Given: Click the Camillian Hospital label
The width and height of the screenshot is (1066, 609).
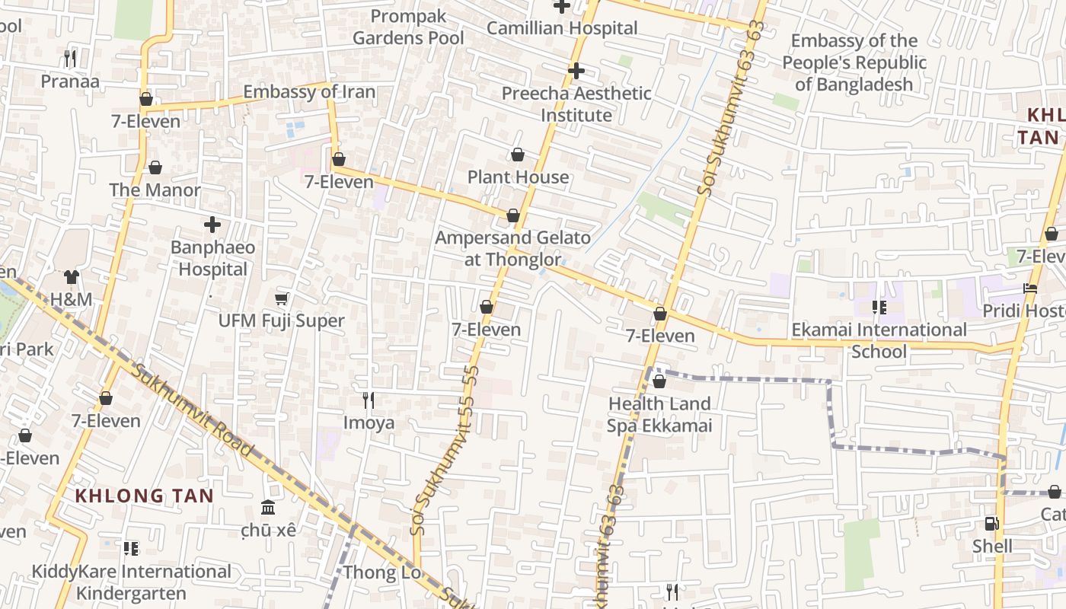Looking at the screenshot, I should click(562, 28).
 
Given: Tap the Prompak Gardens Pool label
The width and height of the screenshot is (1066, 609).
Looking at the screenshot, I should click(408, 27).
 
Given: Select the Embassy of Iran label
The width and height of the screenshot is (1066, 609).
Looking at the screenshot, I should click(309, 92).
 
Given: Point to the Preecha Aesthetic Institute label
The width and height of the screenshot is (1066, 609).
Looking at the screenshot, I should click(576, 104).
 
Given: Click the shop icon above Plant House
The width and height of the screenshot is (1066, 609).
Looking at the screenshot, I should click(518, 155).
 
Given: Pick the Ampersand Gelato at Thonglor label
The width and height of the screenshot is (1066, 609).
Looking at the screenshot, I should click(512, 248).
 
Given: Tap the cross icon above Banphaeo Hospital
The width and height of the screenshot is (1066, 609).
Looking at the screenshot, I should click(212, 225).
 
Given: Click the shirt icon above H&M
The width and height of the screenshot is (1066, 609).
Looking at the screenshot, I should click(71, 277).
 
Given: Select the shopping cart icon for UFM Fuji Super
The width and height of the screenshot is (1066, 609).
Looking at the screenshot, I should click(282, 299).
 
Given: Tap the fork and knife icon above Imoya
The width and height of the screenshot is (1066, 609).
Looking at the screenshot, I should click(369, 400).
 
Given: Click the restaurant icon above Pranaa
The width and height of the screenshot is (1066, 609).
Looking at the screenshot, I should click(70, 58).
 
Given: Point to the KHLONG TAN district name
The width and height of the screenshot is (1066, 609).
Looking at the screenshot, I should click(144, 496).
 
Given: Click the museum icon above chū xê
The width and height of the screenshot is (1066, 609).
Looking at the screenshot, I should click(268, 507).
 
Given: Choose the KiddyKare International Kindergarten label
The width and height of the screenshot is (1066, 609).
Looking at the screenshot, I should click(131, 582).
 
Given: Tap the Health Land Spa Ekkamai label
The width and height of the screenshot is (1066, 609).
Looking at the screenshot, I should click(659, 414).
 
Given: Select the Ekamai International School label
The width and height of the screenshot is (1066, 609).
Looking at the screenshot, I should click(879, 340).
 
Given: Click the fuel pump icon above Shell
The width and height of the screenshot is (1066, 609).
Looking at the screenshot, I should click(991, 524).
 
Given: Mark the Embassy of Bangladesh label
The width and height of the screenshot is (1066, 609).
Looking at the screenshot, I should click(854, 62).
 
